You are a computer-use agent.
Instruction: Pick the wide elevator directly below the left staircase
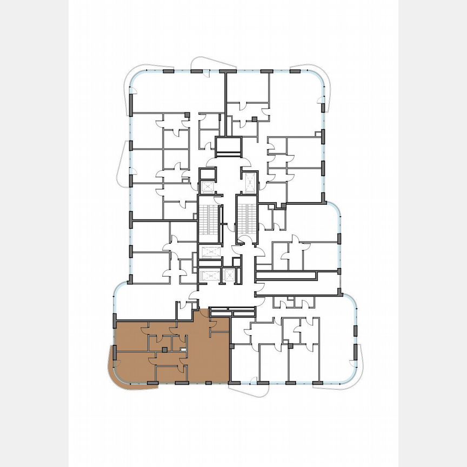click(x=209, y=252)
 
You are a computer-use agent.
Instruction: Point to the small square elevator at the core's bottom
click(x=230, y=275)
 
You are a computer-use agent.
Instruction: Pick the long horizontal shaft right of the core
click(x=292, y=276)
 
